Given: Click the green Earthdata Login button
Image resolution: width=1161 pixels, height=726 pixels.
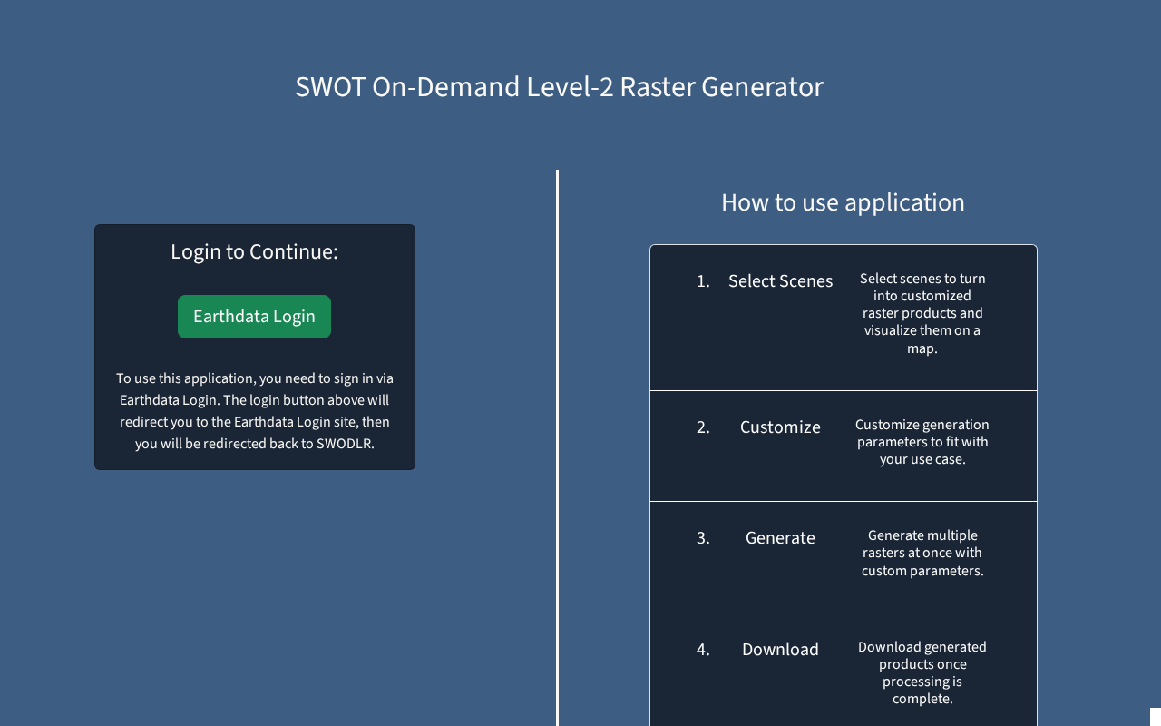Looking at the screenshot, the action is pos(254,317).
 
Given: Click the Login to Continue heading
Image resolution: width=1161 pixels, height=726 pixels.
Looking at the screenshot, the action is pos(254,252).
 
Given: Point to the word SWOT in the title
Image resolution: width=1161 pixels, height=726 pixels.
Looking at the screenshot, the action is pos(330,86).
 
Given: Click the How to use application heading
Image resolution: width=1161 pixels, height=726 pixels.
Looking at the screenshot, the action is pos(843,202).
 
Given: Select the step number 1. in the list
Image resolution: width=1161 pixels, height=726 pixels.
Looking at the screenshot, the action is pos(703,281).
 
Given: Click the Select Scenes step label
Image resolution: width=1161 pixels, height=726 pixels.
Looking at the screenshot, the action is pos(780,281).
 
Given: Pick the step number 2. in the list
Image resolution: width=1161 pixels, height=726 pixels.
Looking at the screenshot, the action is pos(703,427).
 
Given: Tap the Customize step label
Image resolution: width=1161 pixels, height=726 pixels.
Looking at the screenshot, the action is pos(780,427).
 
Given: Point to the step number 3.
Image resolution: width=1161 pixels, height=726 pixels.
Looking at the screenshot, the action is pos(703,538).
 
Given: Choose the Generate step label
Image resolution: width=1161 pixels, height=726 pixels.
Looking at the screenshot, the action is pos(780,538).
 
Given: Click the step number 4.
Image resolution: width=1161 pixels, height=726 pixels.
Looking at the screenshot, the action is pos(703,650).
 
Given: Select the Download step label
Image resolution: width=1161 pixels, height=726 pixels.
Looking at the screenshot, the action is pos(780,650).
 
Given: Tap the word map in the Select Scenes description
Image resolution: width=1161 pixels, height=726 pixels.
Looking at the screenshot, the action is pos(920,349).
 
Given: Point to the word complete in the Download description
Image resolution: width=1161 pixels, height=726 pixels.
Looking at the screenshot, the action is pos(921,699).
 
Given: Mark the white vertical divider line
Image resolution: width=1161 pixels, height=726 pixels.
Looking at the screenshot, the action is pos(557,447).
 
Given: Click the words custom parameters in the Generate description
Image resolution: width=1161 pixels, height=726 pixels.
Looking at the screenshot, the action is pos(922,571).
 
